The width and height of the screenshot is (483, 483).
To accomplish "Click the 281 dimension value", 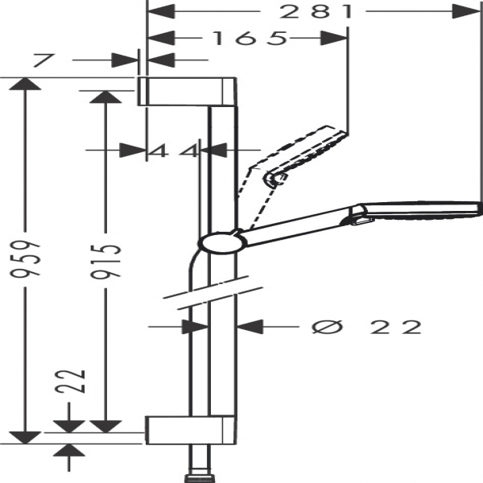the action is [x=316, y=11].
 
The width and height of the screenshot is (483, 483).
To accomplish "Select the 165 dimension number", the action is [x=250, y=38].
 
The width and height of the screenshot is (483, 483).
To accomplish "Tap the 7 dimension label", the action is [x=44, y=60].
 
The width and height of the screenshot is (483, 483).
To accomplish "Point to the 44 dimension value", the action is [x=174, y=151].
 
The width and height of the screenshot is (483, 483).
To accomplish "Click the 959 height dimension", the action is [x=25, y=258].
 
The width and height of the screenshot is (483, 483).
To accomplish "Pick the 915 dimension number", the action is [x=105, y=261].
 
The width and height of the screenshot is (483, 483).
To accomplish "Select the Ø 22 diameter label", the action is [x=366, y=327].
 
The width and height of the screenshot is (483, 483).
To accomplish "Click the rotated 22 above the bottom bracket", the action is [x=70, y=381].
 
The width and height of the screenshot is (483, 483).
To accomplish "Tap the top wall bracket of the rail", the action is [x=187, y=92].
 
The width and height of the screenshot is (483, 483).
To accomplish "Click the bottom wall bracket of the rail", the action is [x=191, y=431].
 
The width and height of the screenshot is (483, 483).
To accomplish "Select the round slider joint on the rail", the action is [x=222, y=243].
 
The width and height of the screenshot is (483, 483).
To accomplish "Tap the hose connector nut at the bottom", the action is [x=200, y=479].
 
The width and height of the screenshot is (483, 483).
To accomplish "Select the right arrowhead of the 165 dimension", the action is [x=334, y=38].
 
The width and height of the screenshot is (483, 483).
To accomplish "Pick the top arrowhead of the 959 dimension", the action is [x=25, y=84].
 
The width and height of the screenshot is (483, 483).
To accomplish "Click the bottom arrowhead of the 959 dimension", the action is [x=25, y=438].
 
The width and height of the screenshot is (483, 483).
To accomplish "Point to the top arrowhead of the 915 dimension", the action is [x=105, y=97].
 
